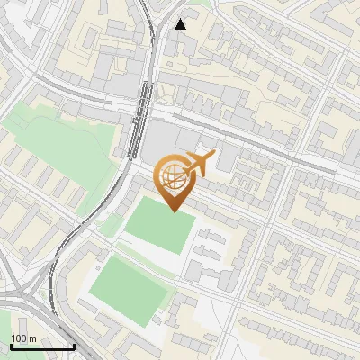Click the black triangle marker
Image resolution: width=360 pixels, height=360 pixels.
pyautogui.click(x=181, y=24)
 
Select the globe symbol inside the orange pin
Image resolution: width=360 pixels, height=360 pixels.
pyautogui.click(x=173, y=177)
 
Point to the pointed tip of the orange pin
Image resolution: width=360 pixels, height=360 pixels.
pyautogui.click(x=173, y=211)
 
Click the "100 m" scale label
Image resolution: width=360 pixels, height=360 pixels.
pyautogui.click(x=23, y=338)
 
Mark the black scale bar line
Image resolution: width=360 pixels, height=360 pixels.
pyautogui.click(x=42, y=346)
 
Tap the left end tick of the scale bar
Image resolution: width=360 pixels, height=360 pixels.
pyautogui.click(x=11, y=345)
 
